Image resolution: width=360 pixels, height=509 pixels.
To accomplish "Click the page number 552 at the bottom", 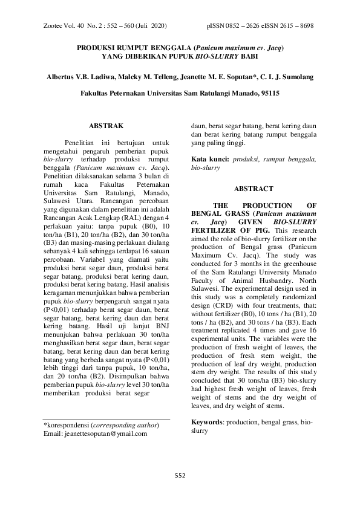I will [179, 475].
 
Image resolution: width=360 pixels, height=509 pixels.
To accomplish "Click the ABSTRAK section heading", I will [106, 126].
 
